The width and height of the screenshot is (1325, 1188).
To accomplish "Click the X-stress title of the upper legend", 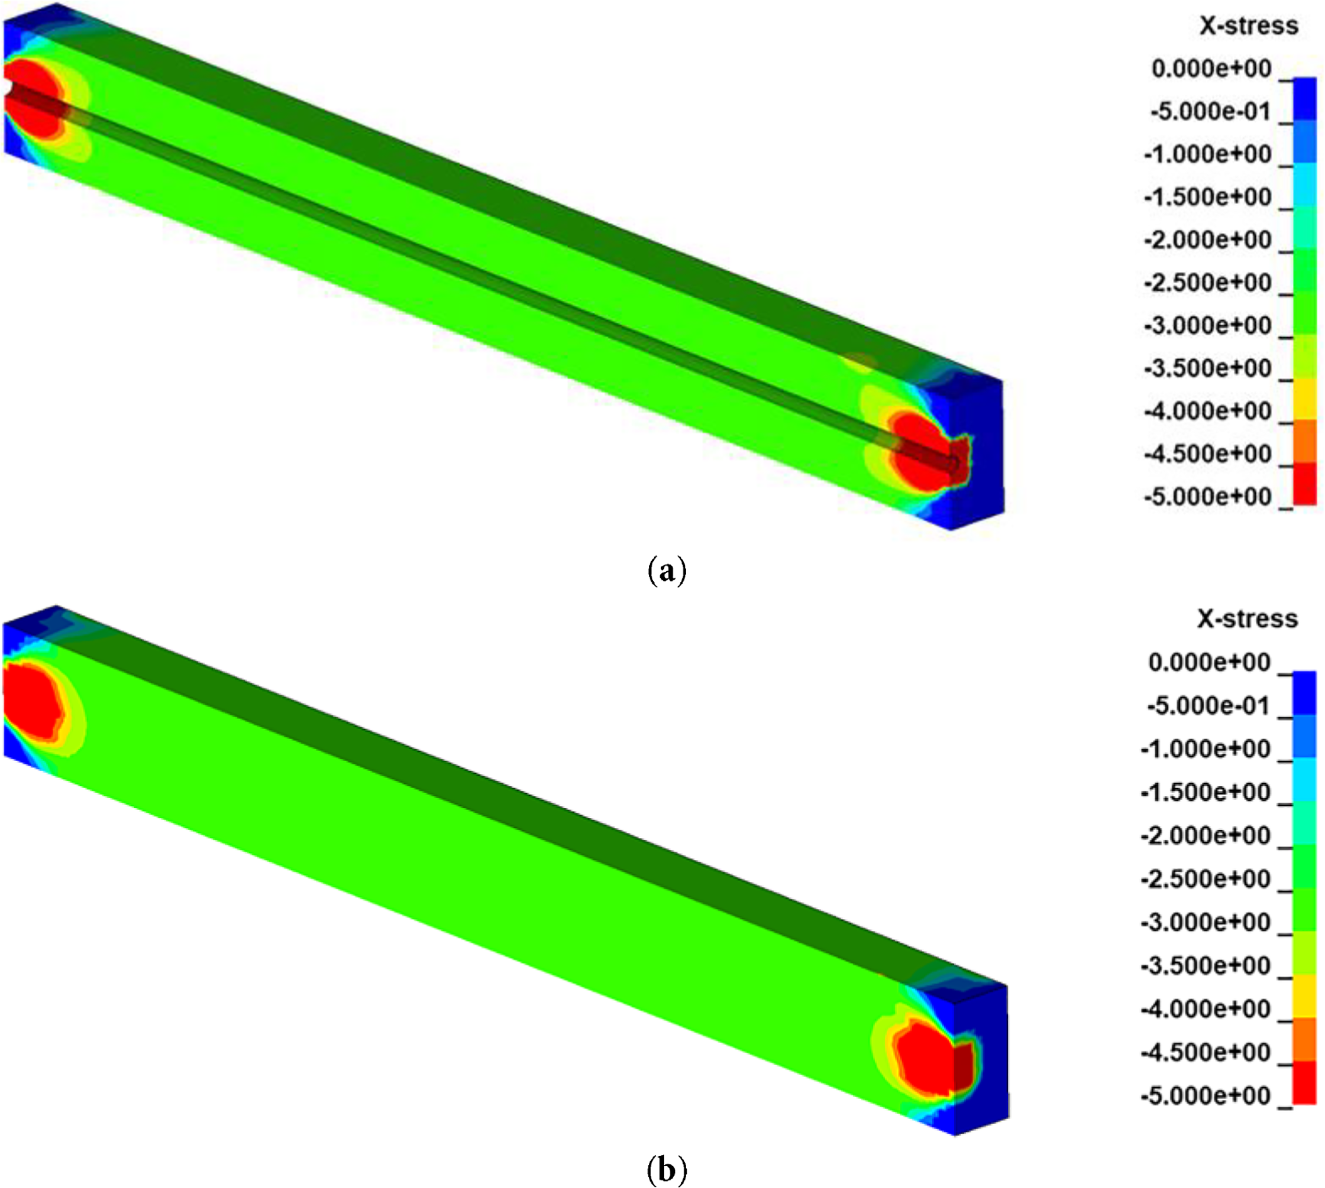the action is [1249, 26].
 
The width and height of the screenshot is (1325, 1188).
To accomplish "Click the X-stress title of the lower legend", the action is [1248, 619].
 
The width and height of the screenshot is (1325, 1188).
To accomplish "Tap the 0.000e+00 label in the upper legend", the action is [1211, 69].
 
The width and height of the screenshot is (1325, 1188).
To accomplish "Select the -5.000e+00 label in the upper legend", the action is [1208, 497].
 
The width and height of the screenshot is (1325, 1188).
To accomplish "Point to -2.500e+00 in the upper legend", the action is [1208, 283].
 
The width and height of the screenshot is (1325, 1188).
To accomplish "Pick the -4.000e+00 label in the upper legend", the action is [1208, 411].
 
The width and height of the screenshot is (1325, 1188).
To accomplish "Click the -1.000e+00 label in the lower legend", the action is [1206, 749].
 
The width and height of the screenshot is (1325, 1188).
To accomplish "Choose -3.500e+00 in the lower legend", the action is [1206, 966].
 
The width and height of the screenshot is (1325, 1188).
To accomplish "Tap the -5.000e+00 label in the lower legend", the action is [1206, 1095].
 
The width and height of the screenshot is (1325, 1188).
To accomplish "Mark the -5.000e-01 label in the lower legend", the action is [1208, 705].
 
